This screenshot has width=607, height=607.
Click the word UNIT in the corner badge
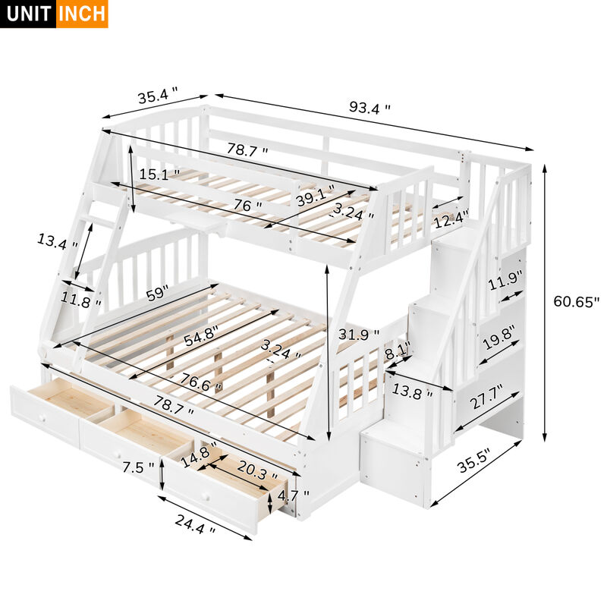(28, 14)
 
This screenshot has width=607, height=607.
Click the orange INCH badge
(82, 14)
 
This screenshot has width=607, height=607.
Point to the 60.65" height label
(576, 301)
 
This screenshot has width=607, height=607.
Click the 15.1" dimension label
(159, 174)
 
